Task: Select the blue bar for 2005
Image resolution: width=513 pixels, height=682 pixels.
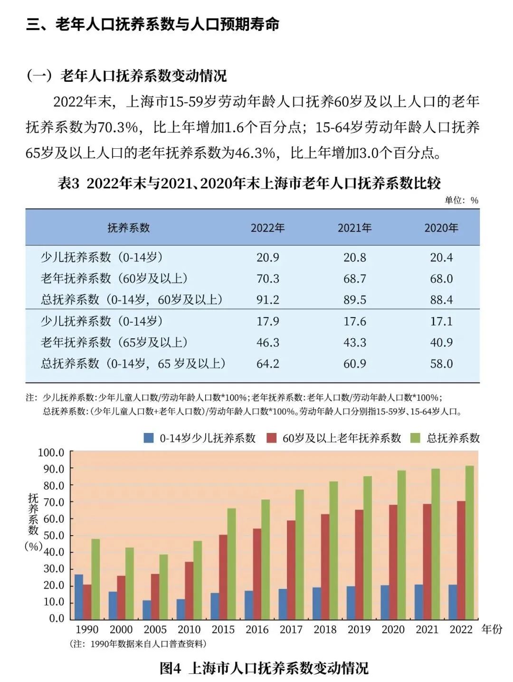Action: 147,610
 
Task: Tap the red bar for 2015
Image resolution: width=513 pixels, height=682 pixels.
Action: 223,577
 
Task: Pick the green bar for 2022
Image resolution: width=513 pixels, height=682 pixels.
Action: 469,542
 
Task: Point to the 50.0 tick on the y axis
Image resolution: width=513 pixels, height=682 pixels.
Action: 53,536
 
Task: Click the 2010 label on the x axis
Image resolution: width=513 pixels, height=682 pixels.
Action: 189,630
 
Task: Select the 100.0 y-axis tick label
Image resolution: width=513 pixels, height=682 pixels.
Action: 51,452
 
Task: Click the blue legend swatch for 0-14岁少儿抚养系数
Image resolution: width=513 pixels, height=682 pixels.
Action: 149,438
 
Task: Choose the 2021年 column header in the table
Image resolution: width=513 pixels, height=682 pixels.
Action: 354,228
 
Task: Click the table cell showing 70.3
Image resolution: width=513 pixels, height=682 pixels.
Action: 268,279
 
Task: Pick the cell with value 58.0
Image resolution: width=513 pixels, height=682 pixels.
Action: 441,364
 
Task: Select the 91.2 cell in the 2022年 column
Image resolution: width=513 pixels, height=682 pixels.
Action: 268,300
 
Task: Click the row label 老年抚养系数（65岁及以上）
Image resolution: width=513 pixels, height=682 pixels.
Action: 114,343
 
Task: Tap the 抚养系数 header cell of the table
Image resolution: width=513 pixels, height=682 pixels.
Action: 129,228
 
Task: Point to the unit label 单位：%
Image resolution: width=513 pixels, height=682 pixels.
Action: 461,200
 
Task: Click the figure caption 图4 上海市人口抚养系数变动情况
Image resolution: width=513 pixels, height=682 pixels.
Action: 264,668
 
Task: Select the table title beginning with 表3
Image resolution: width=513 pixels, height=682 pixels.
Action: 249,183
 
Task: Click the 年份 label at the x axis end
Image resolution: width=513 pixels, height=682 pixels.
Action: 492,629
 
